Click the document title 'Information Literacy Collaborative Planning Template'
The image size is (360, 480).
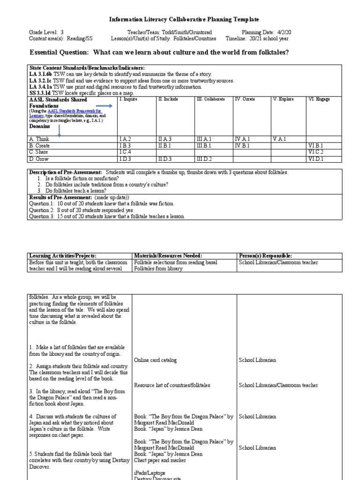coord(184,20)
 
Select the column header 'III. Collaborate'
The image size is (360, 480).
coord(210,99)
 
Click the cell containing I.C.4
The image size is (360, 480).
coord(126,152)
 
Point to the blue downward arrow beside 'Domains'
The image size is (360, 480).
coord(60,131)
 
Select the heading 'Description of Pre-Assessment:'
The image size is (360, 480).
coord(66,172)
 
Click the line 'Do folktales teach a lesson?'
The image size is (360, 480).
coord(76,191)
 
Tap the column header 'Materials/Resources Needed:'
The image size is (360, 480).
coord(168,256)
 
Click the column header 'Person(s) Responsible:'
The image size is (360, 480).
coord(265,256)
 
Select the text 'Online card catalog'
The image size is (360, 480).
coord(156,360)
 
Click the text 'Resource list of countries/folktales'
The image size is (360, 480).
coord(172,385)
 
